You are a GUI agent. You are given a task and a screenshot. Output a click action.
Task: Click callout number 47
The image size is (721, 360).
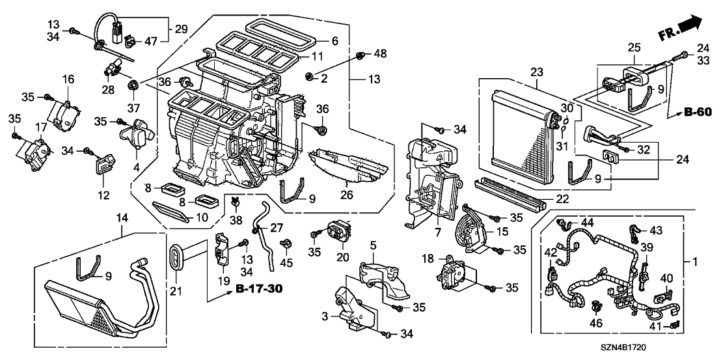pyautogui.click(x=152, y=41)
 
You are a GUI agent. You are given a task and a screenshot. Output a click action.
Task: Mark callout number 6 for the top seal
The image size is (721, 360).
pyautogui.click(x=335, y=40)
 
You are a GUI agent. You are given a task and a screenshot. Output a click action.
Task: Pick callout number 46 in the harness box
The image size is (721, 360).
pyautogui.click(x=596, y=323)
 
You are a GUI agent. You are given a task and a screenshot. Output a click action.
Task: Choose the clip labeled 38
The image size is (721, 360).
pyautogui.click(x=234, y=201)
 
